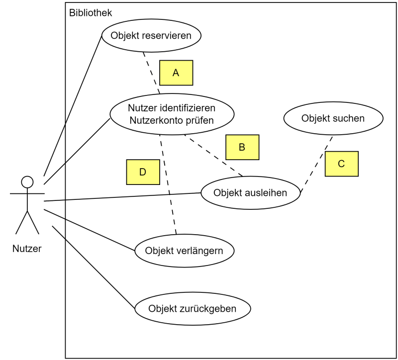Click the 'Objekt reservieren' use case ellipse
pos(151,35)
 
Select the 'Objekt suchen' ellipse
pos(333,118)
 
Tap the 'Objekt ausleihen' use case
pos(250,192)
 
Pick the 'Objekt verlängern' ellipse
pos(184,250)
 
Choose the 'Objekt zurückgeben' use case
pos(192,308)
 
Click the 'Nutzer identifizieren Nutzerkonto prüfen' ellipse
pos(172,114)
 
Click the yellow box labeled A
pos(176,73)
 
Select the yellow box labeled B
pos(242,147)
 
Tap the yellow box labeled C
pos(341,164)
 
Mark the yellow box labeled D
pos(143,172)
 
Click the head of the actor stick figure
pos(27,181)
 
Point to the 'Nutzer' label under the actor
pos(27,249)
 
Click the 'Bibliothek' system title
pos(91,13)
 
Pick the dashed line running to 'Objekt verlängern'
pos(168,184)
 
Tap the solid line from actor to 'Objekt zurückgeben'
pos(94,268)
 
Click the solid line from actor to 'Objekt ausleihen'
pos(122,197)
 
